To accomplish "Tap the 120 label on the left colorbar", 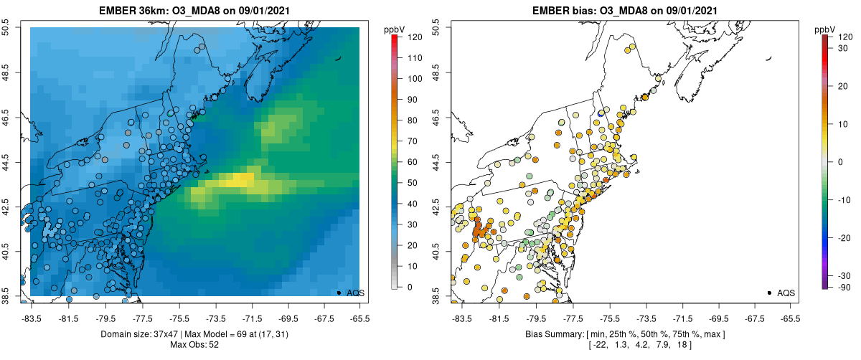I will [413, 37].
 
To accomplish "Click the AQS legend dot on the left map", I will [339, 293].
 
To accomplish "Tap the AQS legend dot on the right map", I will [769, 293].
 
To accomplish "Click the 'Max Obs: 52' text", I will [194, 345].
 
